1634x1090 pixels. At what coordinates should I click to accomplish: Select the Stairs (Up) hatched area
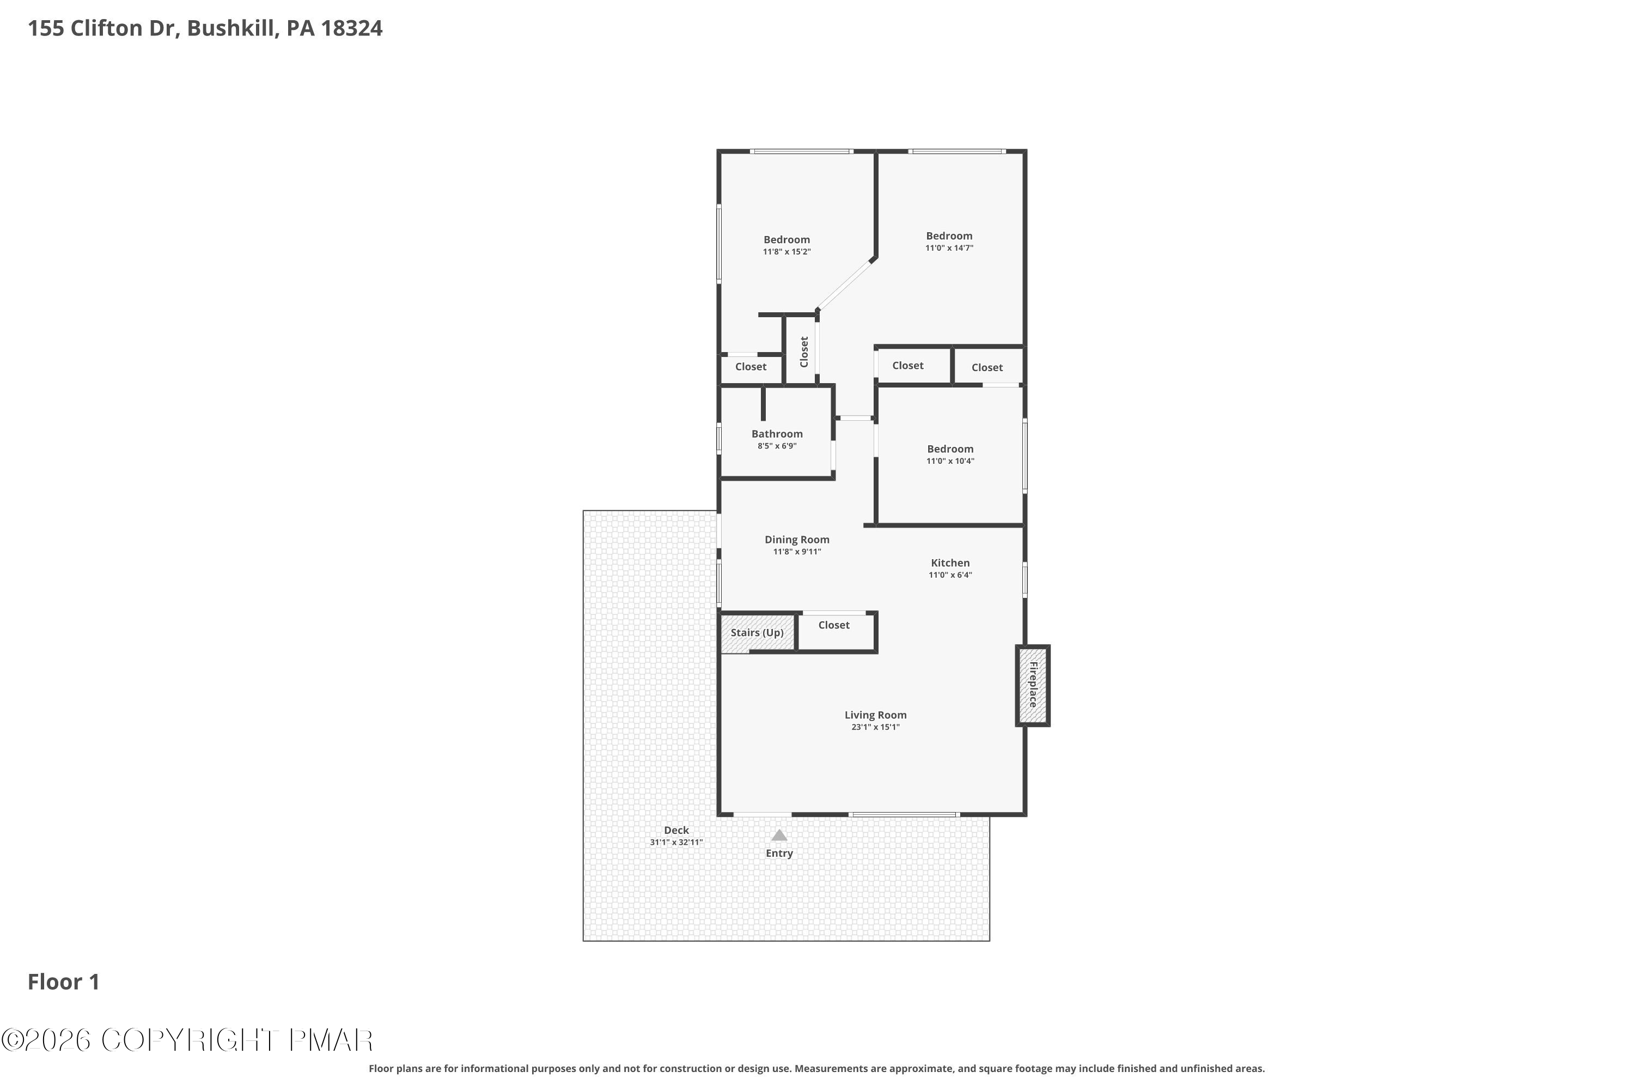tap(757, 633)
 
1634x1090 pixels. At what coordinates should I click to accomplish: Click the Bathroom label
tap(777, 434)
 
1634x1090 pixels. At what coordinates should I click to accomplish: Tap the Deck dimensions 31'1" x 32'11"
tap(676, 843)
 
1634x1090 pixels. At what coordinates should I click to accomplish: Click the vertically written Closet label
tap(804, 352)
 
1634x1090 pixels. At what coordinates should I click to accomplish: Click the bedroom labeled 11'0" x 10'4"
tap(950, 455)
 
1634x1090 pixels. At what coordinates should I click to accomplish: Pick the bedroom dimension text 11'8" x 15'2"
tap(786, 252)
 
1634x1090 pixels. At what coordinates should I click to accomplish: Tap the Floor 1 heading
tap(63, 982)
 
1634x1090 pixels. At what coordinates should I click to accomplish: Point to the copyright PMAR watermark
tap(187, 1040)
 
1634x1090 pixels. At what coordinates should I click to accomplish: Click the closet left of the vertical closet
tap(751, 367)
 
